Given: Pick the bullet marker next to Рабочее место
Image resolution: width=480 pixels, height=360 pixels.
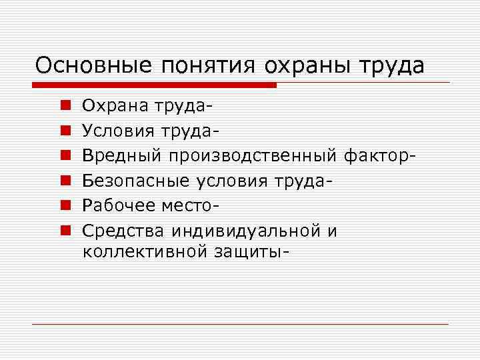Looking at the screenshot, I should point(59,207).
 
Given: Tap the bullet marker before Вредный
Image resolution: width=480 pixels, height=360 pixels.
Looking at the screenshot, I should point(59,157).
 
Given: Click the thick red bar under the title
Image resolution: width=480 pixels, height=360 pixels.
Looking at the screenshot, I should point(154,85).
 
